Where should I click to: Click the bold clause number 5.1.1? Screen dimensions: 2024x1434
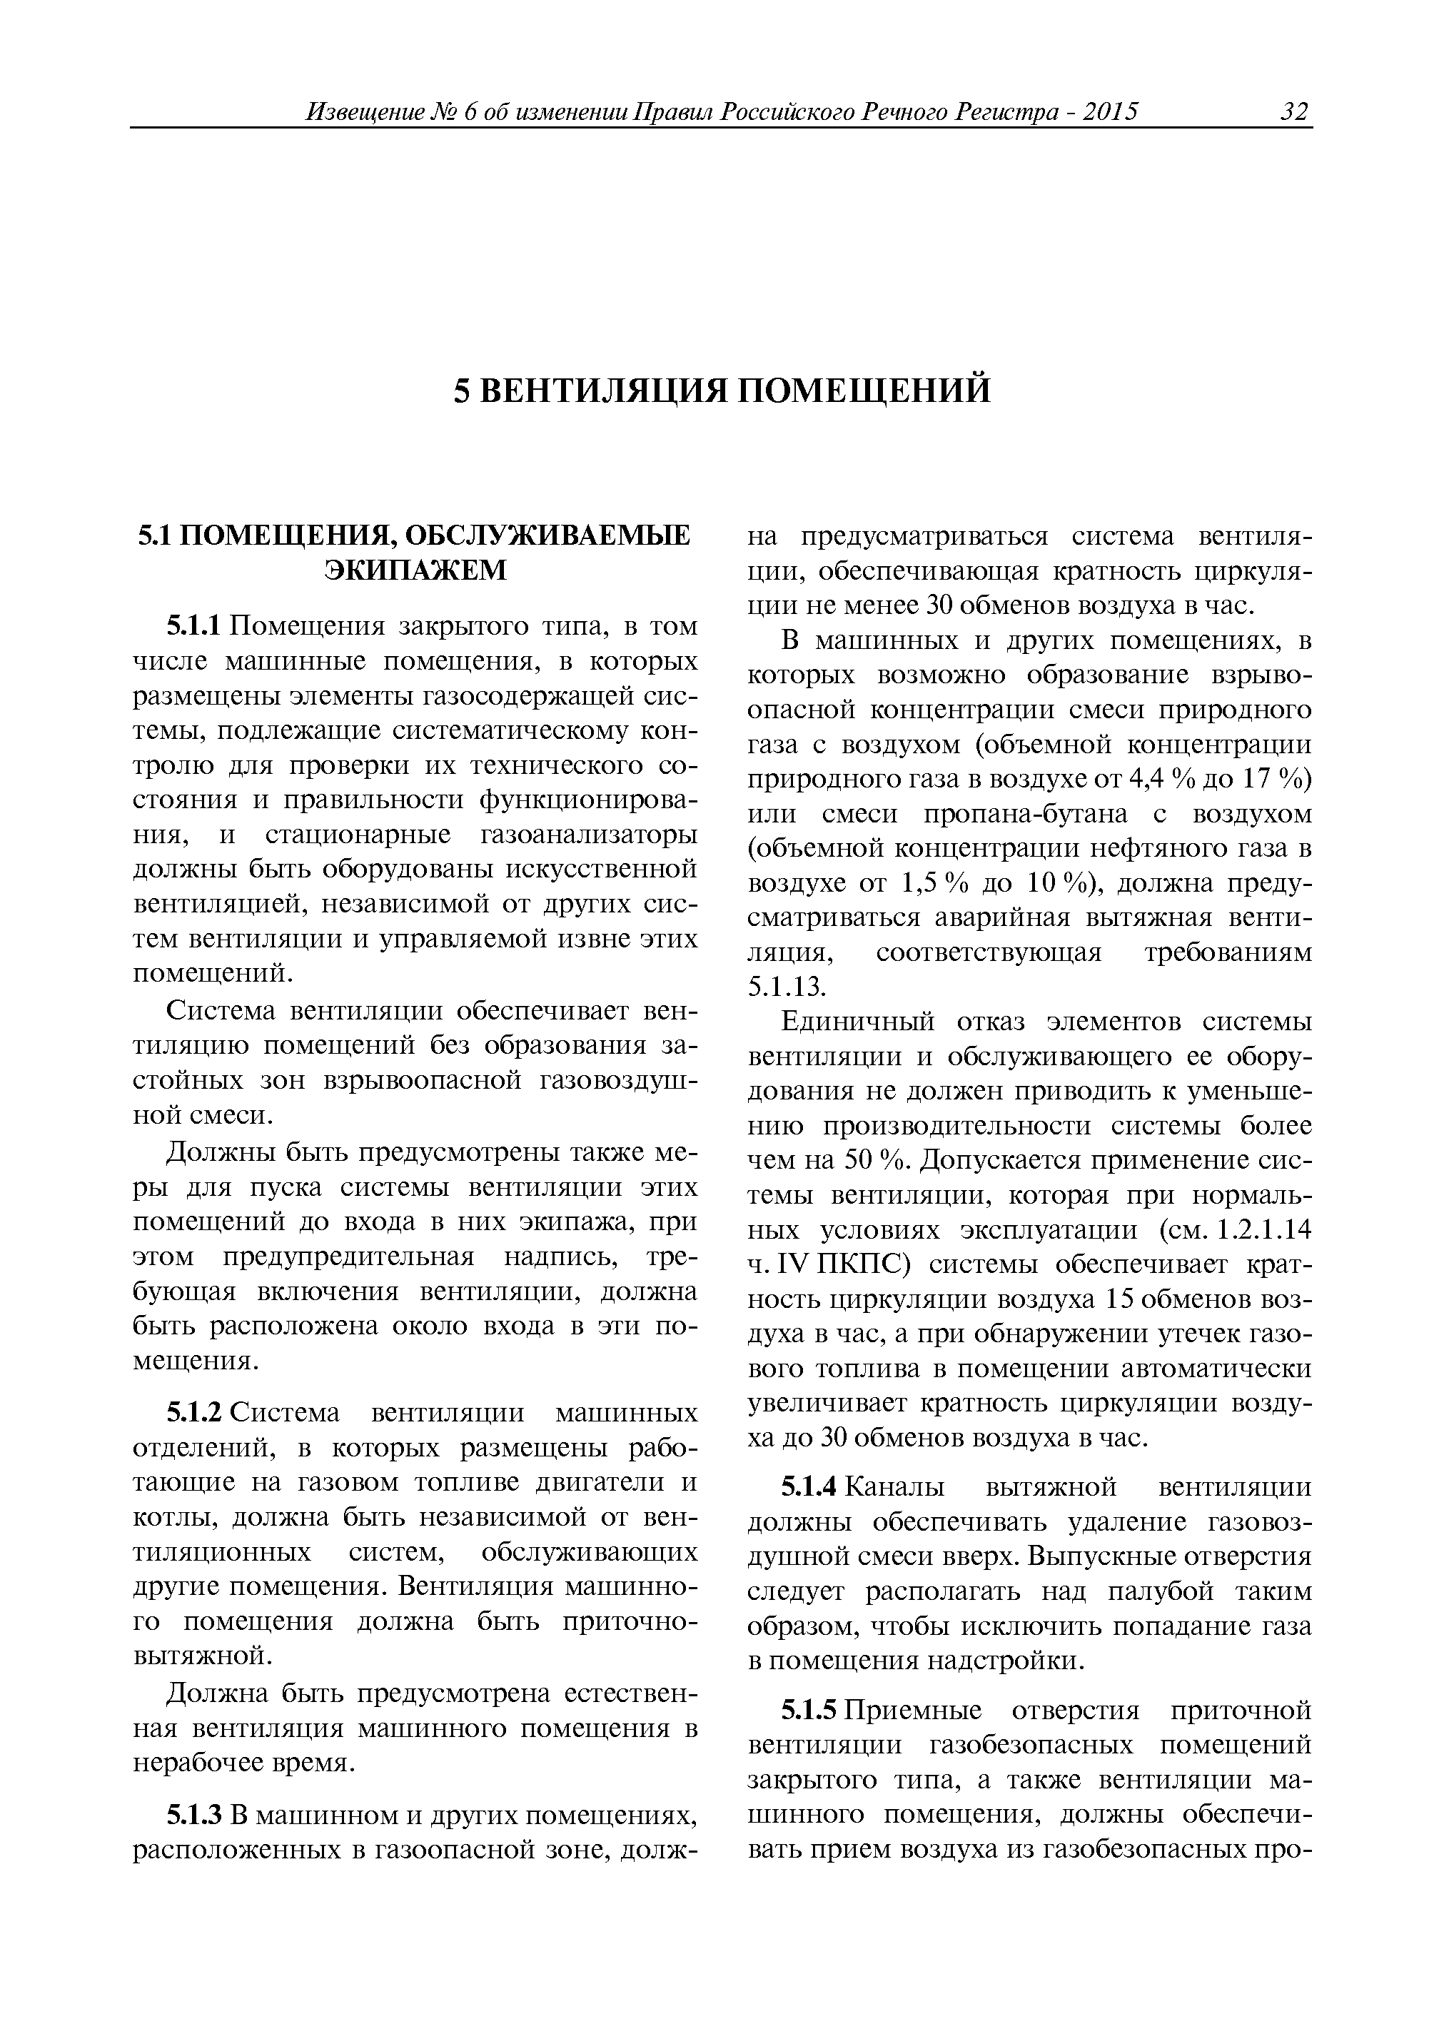coord(196,627)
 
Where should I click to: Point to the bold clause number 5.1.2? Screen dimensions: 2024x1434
coord(196,1413)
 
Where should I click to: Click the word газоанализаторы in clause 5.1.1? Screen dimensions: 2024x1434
coord(587,835)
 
